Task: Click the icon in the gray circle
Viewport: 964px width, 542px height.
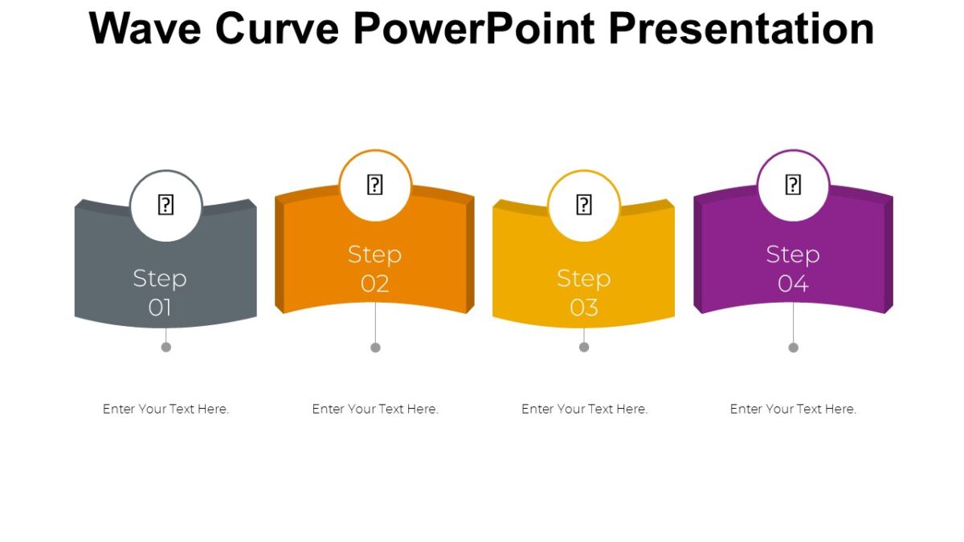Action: point(165,206)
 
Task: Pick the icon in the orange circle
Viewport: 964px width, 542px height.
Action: point(375,185)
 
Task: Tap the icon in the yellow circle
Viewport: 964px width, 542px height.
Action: point(584,206)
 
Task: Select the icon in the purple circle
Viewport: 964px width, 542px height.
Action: point(793,185)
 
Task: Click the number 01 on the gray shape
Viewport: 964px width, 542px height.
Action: point(160,308)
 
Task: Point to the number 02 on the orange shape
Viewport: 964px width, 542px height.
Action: point(375,283)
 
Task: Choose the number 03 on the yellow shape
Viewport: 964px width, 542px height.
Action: point(584,308)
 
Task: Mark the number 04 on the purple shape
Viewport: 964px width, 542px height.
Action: point(793,283)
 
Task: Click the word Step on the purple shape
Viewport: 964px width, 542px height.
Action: point(793,255)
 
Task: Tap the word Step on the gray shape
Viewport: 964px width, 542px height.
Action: point(160,279)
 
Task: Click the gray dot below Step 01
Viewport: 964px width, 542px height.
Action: point(166,347)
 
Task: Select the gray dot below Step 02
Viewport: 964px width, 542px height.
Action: point(375,347)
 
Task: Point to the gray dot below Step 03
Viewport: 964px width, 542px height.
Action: point(584,347)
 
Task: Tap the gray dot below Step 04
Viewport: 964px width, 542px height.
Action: point(794,347)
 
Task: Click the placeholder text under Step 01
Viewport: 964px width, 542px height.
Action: point(166,409)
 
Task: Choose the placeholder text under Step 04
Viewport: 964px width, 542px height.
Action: point(793,409)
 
